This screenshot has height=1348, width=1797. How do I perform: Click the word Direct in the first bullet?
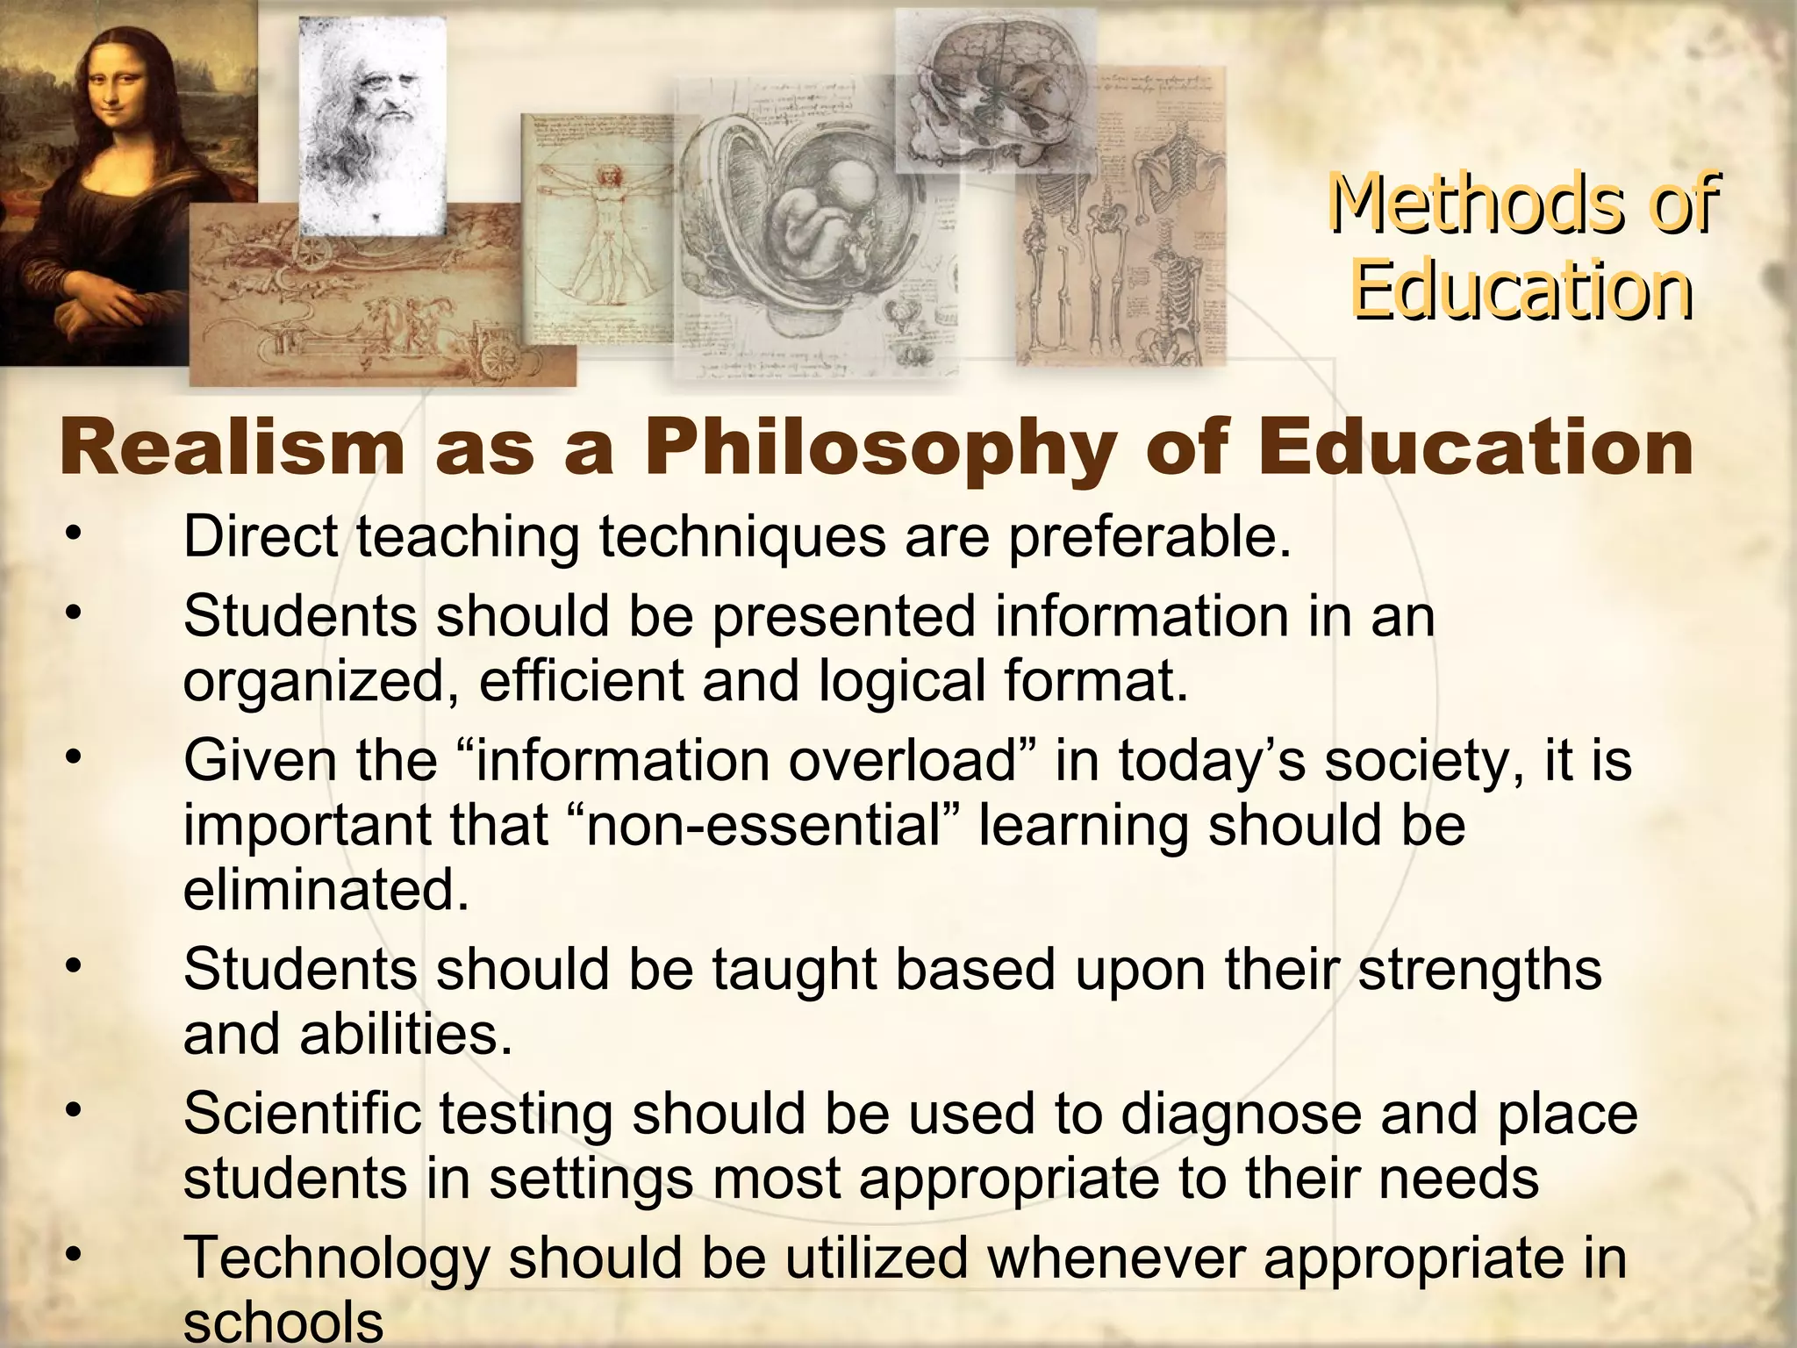tap(261, 536)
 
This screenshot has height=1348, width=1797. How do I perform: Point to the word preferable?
tap(1149, 536)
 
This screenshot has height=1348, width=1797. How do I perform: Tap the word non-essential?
tap(762, 826)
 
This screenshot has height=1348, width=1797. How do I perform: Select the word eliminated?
tap(326, 890)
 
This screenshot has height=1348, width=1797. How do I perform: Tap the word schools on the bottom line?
tap(283, 1322)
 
